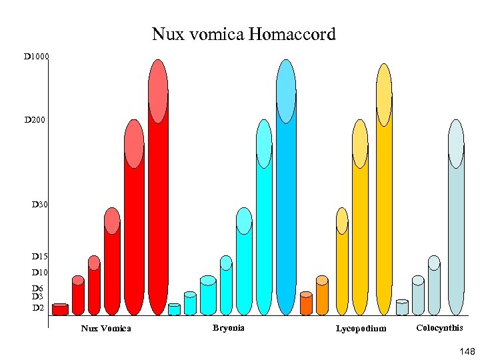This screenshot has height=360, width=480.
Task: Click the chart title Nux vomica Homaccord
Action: (243, 33)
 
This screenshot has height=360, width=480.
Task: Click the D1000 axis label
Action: (36, 57)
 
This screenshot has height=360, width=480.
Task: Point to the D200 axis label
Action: (36, 120)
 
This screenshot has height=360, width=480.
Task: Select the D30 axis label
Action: (39, 204)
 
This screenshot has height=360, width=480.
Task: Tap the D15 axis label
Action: (39, 257)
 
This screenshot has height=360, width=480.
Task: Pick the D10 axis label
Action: (39, 273)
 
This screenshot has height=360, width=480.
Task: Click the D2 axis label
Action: (38, 308)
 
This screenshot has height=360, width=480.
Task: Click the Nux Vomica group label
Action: (106, 328)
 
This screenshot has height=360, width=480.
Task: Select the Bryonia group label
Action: (229, 327)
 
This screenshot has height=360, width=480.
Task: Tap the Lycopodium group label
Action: (361, 328)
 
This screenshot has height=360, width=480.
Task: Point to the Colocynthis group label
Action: (439, 327)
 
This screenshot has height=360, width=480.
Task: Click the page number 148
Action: (465, 351)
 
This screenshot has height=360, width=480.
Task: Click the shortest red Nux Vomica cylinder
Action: (60, 309)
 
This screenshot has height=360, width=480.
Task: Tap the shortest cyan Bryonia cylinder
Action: (174, 309)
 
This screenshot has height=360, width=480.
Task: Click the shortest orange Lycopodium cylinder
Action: (306, 304)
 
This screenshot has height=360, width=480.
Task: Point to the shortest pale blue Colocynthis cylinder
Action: (402, 307)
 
